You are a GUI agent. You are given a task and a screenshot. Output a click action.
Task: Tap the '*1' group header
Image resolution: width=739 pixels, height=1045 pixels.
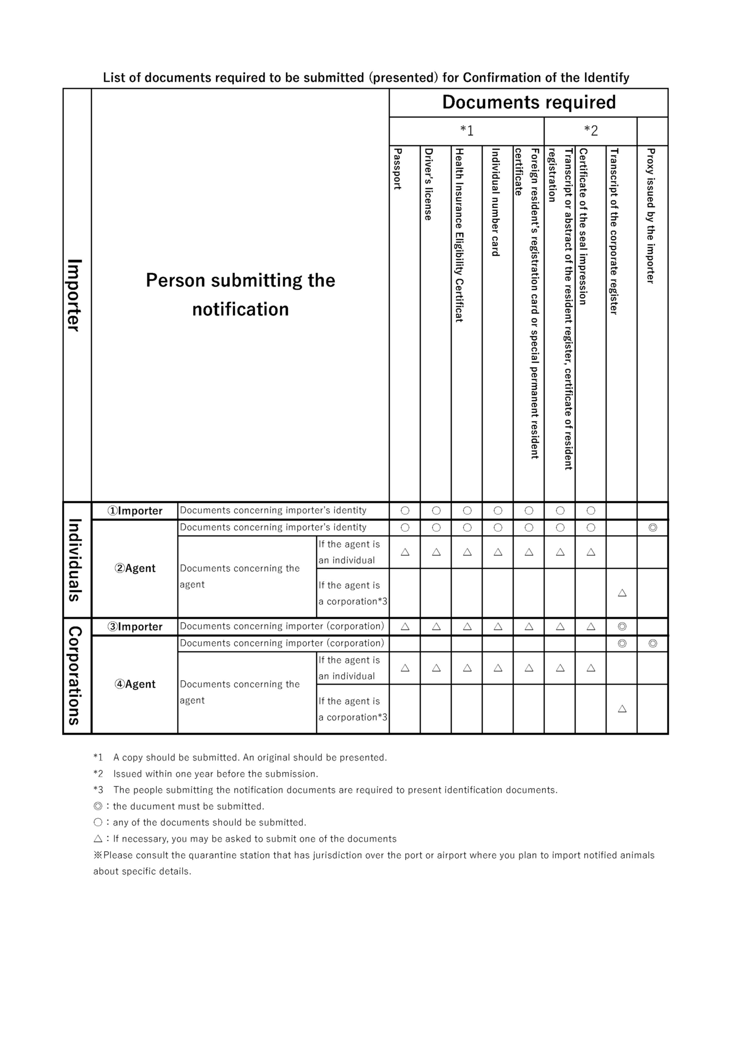466,131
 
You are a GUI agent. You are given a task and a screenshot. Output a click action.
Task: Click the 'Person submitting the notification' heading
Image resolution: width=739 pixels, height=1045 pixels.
240,295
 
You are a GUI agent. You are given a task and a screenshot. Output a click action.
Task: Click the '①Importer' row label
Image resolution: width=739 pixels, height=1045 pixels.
135,511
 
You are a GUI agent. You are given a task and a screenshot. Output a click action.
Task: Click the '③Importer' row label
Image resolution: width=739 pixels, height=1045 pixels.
135,627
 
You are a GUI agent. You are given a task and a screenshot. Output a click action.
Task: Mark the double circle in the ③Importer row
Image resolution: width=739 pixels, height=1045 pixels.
622,627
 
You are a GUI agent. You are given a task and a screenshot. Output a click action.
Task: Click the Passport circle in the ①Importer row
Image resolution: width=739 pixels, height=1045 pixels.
405,511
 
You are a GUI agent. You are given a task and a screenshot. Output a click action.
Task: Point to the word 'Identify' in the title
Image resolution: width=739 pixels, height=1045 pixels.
606,78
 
